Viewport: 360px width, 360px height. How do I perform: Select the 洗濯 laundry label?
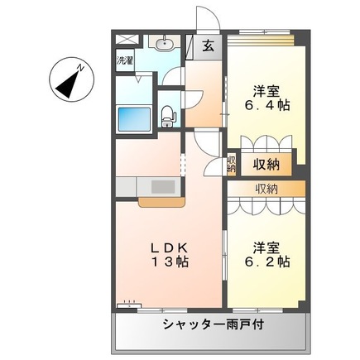(x=124, y=60)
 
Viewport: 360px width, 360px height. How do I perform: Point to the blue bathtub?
(x=133, y=118)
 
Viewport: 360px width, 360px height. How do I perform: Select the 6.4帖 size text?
(x=266, y=107)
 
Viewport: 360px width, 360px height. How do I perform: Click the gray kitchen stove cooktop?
(x=163, y=186)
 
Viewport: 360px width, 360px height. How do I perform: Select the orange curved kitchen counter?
(x=163, y=200)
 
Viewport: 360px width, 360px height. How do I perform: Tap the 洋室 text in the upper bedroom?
(x=266, y=91)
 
